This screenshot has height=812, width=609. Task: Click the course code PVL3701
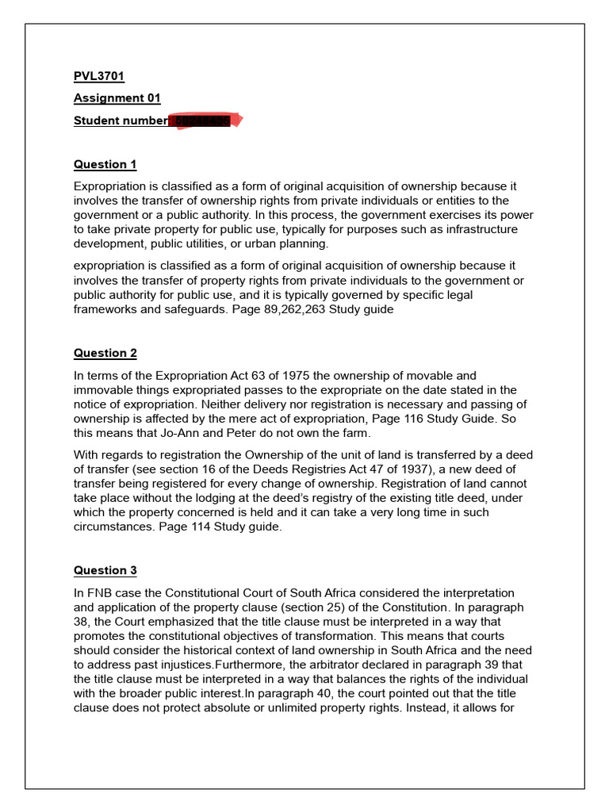click(x=99, y=77)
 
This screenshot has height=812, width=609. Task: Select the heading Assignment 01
click(x=117, y=98)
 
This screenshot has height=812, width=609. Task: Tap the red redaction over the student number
click(x=205, y=121)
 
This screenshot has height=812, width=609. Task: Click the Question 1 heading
click(x=105, y=165)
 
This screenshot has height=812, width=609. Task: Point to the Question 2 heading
click(x=105, y=353)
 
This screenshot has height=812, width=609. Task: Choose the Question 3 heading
click(x=105, y=570)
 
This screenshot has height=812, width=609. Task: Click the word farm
click(x=358, y=433)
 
